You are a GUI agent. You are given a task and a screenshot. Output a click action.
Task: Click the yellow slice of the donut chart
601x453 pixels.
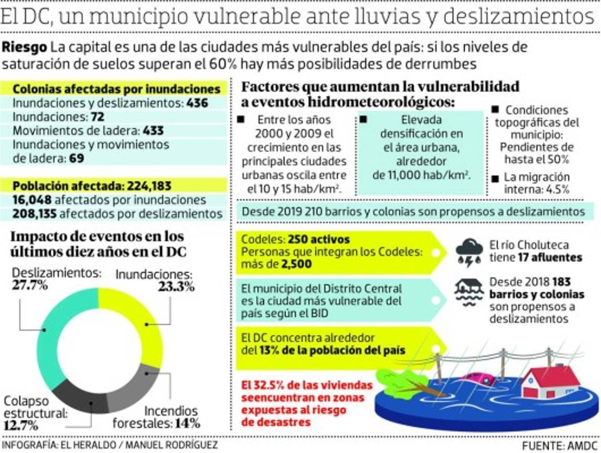tap(146, 322)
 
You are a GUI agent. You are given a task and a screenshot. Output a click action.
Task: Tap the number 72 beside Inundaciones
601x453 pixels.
tap(97, 117)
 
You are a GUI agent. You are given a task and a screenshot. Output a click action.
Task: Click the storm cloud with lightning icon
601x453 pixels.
tap(469, 252)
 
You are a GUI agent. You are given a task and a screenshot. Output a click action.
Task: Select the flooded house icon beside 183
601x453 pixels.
tap(469, 292)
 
